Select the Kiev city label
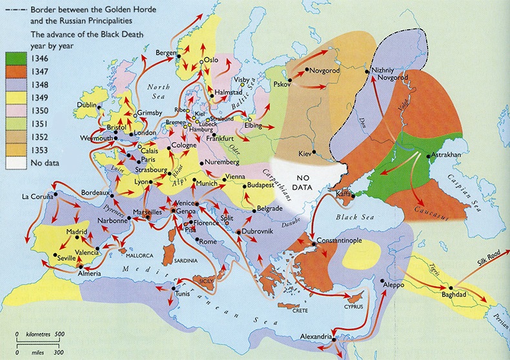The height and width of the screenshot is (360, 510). click(304, 154)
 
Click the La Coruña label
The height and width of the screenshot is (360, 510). click(37, 195)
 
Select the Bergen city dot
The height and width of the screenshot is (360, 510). click(178, 57)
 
